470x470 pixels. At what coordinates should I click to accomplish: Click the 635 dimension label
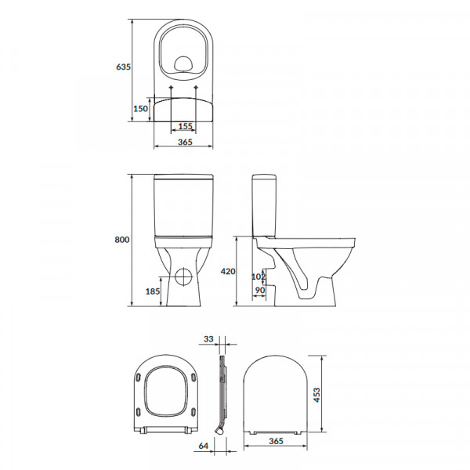[123, 67]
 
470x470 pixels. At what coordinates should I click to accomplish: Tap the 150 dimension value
[140, 108]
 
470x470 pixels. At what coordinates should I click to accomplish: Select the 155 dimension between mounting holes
[185, 126]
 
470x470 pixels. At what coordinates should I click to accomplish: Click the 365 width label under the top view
[185, 142]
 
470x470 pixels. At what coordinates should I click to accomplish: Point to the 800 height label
[122, 240]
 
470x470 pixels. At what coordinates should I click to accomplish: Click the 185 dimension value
[153, 291]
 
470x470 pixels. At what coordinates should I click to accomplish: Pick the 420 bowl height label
[228, 271]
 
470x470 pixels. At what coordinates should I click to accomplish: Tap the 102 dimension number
[258, 277]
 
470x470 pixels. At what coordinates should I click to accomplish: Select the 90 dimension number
[260, 290]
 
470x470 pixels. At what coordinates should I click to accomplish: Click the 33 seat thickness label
[208, 338]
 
